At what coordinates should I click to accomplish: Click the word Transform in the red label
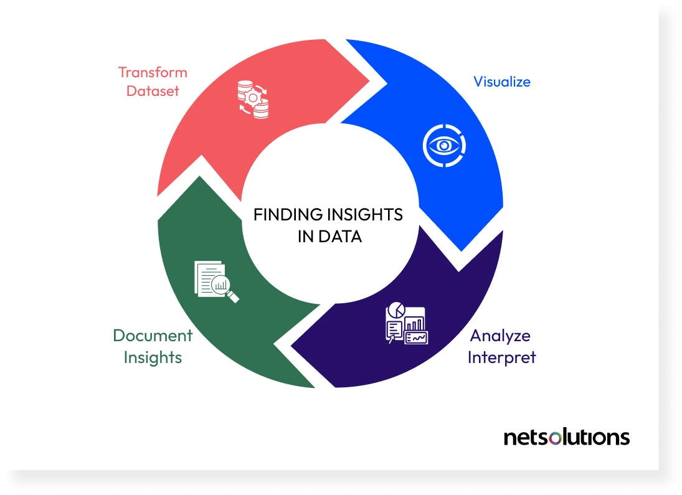click(x=153, y=72)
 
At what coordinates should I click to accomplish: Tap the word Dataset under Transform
click(x=153, y=91)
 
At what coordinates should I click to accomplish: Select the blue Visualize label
click(x=502, y=82)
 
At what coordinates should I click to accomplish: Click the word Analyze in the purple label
click(x=501, y=336)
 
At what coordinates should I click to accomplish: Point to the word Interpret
click(x=501, y=357)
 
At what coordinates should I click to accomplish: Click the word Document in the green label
click(x=153, y=336)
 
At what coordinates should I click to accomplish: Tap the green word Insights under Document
click(x=153, y=357)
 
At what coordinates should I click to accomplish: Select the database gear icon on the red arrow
click(x=252, y=98)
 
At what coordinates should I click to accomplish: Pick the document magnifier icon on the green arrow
click(x=216, y=281)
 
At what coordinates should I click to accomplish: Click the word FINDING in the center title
click(x=279, y=215)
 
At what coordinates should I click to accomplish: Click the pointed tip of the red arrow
click(x=381, y=80)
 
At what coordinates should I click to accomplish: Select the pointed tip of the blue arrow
click(x=461, y=250)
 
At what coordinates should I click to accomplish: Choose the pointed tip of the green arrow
click(x=199, y=178)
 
